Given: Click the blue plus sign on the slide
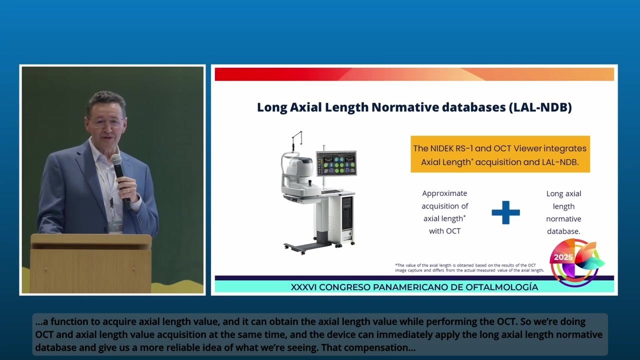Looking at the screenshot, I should pos(505,212).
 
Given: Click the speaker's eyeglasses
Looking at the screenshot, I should pos(105,121).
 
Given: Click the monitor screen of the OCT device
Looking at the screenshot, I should pos(336,163).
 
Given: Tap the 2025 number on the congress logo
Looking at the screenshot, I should pos(563,257).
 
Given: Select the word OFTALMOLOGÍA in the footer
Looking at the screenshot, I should pos(500,287).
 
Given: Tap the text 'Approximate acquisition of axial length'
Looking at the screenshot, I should pos(444,212).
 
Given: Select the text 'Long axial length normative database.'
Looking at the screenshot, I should pos(563,212).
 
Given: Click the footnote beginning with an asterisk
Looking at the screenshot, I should pos(469,267).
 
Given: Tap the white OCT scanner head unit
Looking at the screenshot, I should pos(299,172).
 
